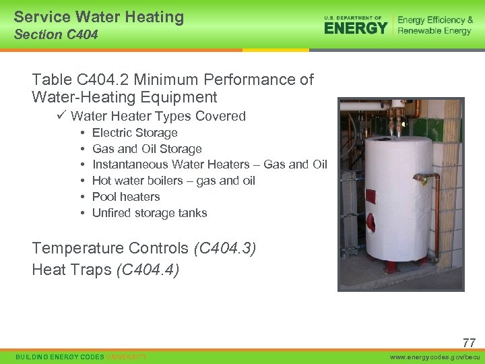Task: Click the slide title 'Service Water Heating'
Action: point(98,17)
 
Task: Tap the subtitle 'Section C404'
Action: point(56,35)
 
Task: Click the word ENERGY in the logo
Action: point(356,28)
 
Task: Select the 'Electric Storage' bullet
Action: point(135,133)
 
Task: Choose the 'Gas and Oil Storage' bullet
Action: point(147,149)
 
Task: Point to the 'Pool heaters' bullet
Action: point(126,197)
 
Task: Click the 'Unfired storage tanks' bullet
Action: point(150,213)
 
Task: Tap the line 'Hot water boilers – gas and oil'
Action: point(174,181)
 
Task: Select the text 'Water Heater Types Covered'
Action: point(158,116)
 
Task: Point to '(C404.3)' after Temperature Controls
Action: point(224,248)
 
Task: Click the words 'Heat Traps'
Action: point(72,270)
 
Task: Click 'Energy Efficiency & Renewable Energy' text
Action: point(434,26)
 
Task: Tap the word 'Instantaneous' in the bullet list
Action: point(130,164)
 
